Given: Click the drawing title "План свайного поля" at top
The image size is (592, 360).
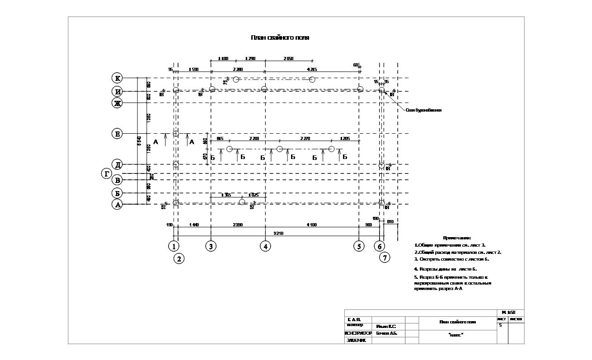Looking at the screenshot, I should point(280,38).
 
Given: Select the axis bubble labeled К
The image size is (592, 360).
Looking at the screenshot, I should point(117,78).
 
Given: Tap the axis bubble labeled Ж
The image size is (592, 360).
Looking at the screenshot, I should point(117,103).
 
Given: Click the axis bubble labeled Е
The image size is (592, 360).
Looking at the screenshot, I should point(117,134).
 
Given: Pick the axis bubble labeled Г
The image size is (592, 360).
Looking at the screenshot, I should point(107,173).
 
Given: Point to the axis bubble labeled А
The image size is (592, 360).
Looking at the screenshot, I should point(117,205).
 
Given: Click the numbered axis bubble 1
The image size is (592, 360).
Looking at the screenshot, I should point(174,246).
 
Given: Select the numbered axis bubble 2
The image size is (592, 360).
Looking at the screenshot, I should point(179,259).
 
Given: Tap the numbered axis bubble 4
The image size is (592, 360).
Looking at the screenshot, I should point(265,246).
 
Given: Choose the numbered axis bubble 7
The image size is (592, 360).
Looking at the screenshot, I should point(385,258).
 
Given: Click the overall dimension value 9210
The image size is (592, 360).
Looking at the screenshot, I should point(277,233).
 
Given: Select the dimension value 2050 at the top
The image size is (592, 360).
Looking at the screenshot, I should point(288,59).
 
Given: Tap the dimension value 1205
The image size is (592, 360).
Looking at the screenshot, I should point(345,139).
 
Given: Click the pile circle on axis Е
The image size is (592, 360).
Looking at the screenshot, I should point(176,134).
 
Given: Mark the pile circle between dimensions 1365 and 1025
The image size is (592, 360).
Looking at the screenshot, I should point(242,201).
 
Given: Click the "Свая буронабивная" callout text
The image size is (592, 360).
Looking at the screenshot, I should point(423,110).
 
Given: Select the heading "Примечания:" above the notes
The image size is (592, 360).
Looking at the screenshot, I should point(457,238).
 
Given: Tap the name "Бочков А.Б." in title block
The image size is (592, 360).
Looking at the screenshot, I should point(386,333).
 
